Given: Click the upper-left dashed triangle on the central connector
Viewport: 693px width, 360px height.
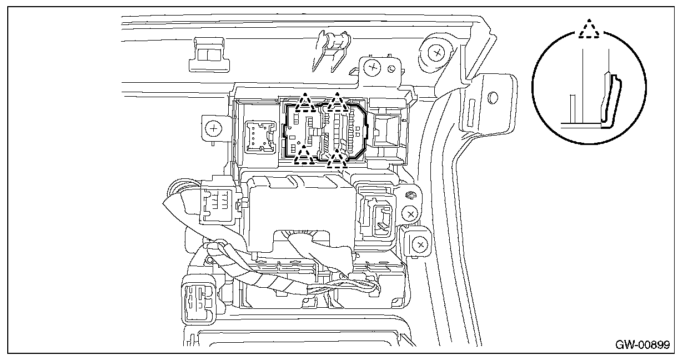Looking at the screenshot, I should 304,102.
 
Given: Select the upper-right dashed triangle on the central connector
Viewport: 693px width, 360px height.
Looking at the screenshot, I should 337,102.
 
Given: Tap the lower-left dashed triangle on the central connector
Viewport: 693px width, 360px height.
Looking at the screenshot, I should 303,156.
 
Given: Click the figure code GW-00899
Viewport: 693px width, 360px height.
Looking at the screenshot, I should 641,344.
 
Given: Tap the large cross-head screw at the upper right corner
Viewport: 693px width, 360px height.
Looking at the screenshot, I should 438,53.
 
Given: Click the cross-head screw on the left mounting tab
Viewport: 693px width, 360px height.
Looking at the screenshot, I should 213,128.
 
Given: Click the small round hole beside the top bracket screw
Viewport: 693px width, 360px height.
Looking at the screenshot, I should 391,69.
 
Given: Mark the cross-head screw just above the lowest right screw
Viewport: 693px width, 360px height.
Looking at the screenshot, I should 411,213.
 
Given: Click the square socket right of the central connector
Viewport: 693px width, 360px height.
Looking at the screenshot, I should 386,130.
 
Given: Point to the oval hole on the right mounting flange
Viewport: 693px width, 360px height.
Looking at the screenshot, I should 491,98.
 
